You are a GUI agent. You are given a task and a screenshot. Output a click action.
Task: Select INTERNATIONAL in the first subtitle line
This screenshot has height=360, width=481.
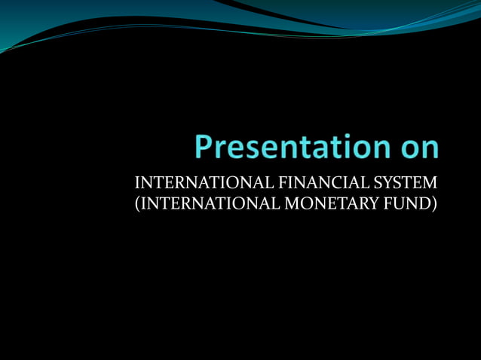point(184,183)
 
